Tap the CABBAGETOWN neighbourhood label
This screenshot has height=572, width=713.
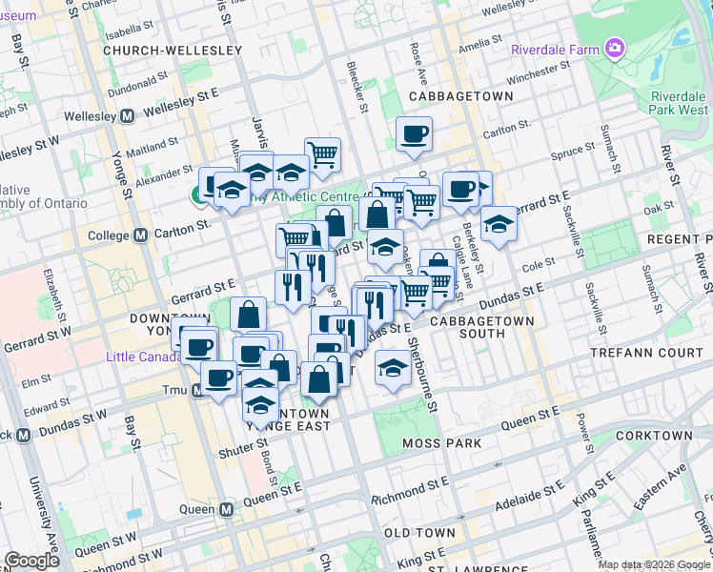pyautogui.click(x=455, y=97)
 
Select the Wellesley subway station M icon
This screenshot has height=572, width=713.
pyautogui.click(x=127, y=116)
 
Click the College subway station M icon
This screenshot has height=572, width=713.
pyautogui.click(x=139, y=235)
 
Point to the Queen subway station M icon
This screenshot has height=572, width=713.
pyautogui.click(x=226, y=510)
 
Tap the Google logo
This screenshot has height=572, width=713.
pyautogui.click(x=31, y=561)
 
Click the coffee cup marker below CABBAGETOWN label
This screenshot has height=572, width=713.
pyautogui.click(x=414, y=133)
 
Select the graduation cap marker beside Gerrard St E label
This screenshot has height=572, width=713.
pyautogui.click(x=497, y=225)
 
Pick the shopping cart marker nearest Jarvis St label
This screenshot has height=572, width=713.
pyautogui.click(x=323, y=153)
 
